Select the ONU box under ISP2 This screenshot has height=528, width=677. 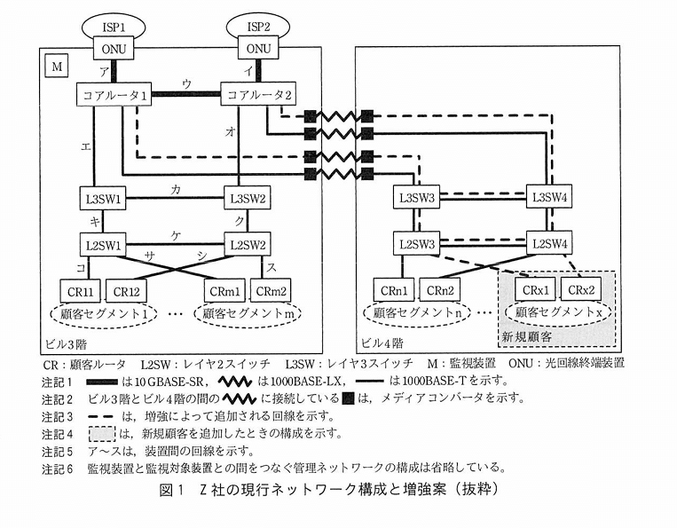point(258,48)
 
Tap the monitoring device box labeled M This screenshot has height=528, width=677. point(57,67)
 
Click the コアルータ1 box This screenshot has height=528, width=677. point(114,95)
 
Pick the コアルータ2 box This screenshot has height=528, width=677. point(258,95)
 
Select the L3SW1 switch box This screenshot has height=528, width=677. point(103,199)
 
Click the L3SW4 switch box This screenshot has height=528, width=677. point(549,198)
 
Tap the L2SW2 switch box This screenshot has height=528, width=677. point(248,245)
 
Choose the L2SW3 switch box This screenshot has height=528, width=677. point(417,244)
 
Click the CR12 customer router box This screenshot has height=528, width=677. point(126,291)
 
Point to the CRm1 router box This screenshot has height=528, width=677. point(224,291)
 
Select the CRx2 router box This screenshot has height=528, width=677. point(580,289)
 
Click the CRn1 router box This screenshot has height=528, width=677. point(394,290)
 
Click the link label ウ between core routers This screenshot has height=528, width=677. point(186,83)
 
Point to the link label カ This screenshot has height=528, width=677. point(176,189)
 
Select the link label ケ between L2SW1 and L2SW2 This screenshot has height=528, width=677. point(176,236)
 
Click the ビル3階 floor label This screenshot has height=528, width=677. point(65,344)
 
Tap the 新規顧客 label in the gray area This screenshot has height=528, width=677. point(526,336)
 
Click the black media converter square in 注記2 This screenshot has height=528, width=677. point(348,398)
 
